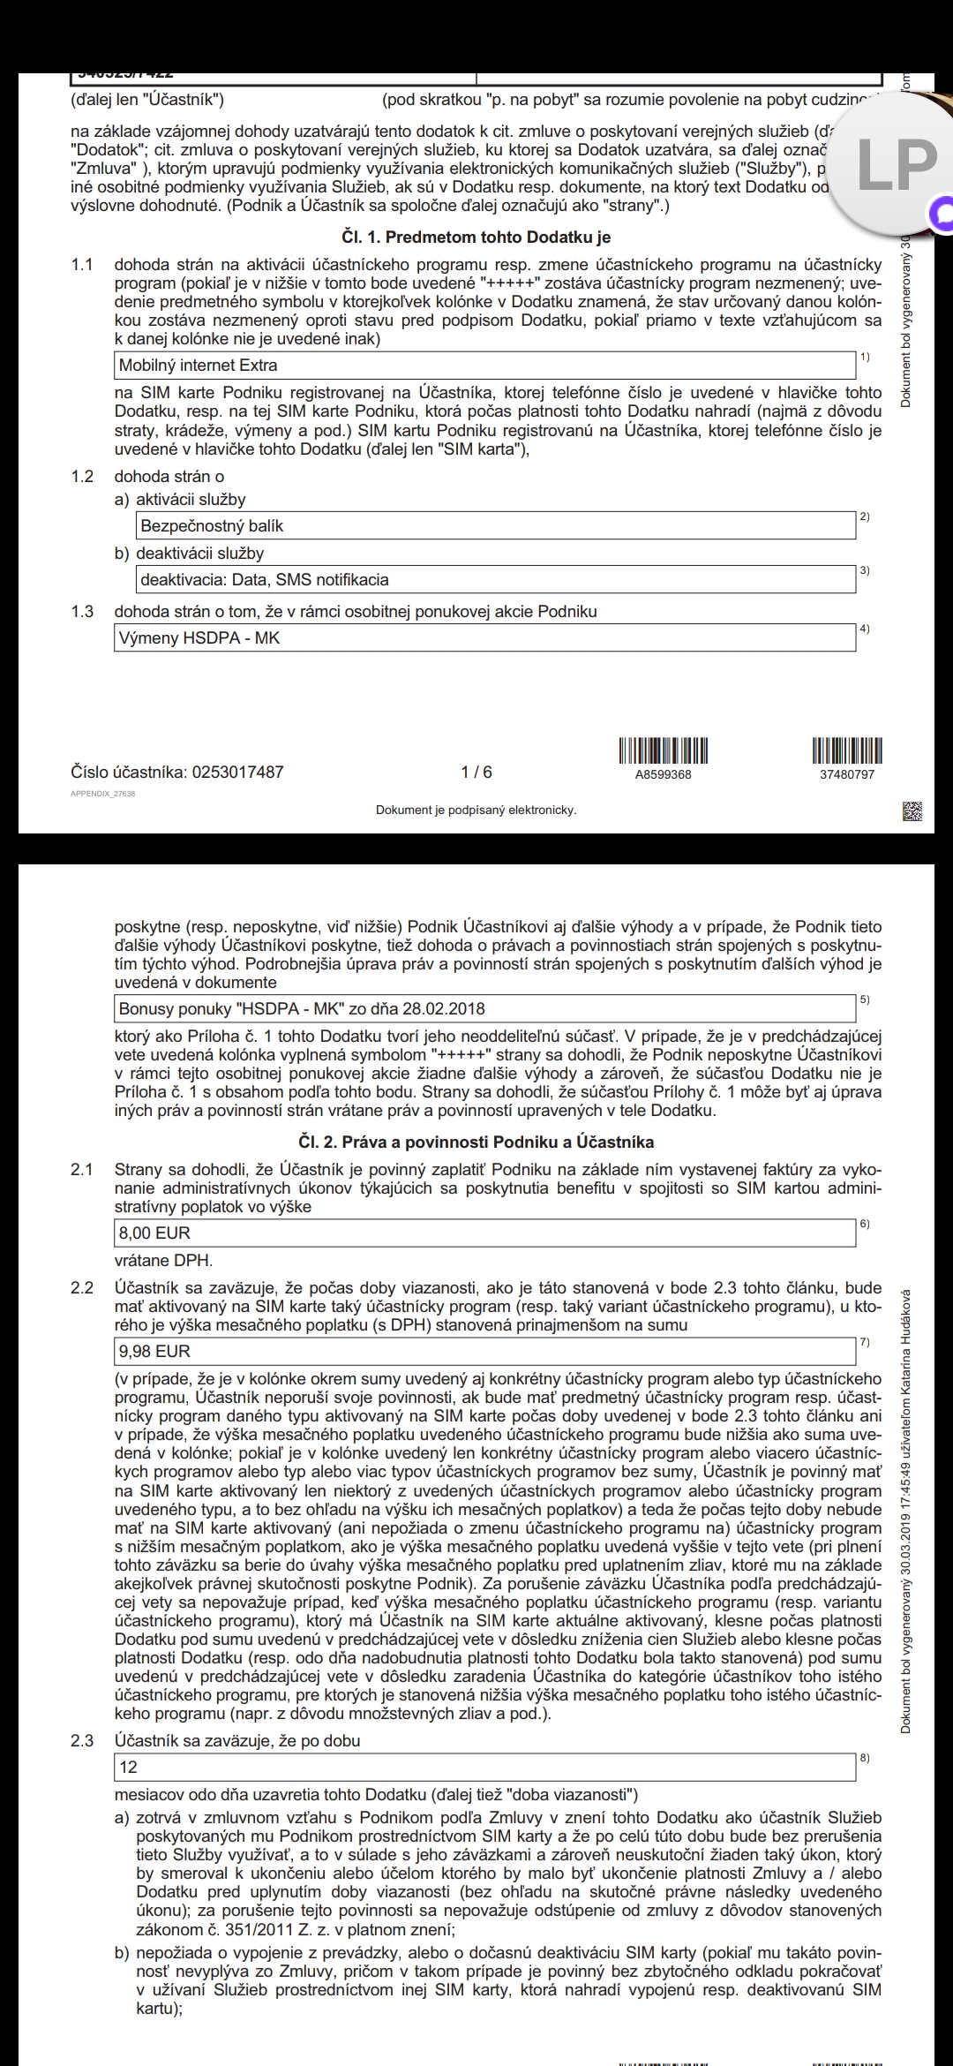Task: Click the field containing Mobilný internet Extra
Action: click(485, 366)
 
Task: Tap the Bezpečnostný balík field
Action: click(496, 526)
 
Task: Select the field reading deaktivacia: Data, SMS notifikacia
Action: click(496, 580)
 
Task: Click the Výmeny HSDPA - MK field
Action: click(485, 638)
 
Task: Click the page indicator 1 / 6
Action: click(476, 773)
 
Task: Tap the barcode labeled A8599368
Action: click(663, 750)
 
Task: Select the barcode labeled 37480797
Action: click(847, 750)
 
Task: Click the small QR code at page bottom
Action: click(912, 811)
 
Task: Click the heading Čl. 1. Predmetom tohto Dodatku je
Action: click(476, 238)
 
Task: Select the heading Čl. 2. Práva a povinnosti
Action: click(476, 1142)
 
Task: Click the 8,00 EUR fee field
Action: click(485, 1233)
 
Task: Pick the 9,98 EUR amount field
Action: click(485, 1352)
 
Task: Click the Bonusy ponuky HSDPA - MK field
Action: click(485, 1009)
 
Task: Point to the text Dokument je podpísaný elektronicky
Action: click(476, 811)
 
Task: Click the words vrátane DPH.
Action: click(164, 1261)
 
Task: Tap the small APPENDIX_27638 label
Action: click(102, 794)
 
